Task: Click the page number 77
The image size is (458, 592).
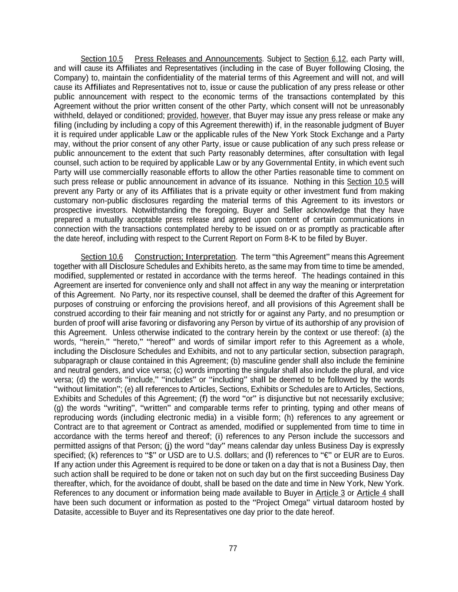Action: point(233,548)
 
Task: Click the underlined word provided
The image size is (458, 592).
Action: point(182,115)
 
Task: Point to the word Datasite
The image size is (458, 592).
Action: point(67,512)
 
